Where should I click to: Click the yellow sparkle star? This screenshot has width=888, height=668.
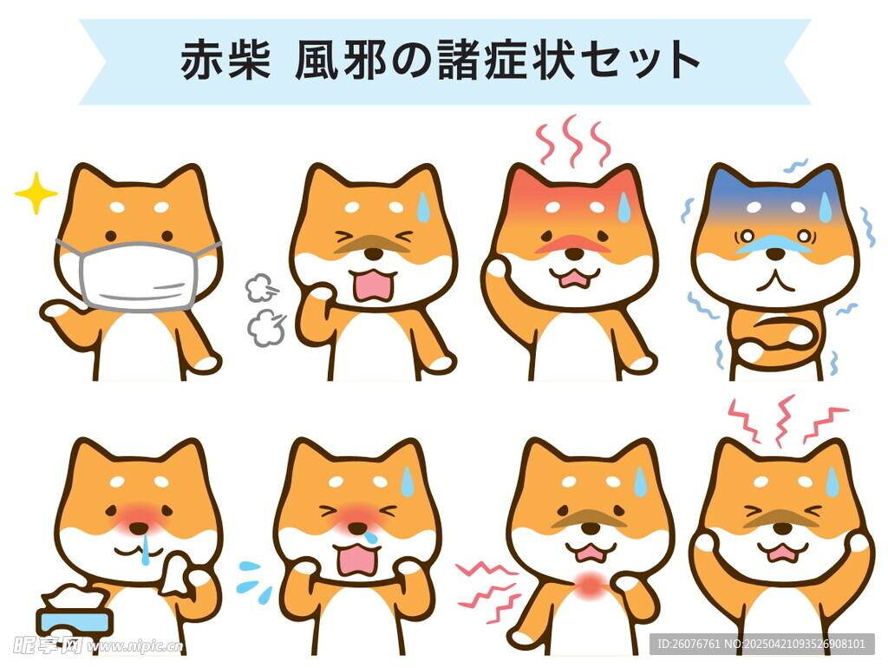tap(36, 193)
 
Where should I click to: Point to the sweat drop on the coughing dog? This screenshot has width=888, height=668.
tap(423, 206)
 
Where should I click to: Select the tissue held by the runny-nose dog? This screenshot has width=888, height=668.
tap(177, 574)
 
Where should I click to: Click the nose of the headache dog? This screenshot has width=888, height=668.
tap(783, 528)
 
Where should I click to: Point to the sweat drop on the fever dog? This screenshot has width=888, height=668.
tap(624, 207)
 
